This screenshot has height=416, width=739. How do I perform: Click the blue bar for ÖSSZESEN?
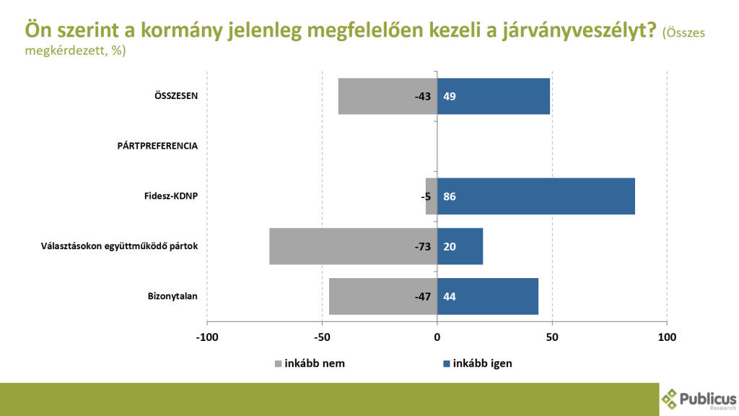(494, 96)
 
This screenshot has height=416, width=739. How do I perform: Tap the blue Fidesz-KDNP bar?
(536, 196)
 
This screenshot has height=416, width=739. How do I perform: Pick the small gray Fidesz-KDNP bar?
(431, 196)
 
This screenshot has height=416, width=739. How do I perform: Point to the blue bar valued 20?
(460, 246)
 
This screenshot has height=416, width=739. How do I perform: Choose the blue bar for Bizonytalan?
(488, 296)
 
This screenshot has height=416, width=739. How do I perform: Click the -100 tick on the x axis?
(207, 337)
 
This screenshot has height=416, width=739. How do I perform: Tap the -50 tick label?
(322, 337)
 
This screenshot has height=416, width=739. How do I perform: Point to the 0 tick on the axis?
(437, 337)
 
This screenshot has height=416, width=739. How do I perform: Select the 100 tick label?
(667, 337)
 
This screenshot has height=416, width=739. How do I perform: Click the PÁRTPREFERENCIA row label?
(157, 146)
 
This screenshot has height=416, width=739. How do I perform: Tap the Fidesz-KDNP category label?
(171, 196)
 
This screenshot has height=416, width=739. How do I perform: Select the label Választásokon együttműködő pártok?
(118, 246)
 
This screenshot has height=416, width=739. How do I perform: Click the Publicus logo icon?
(671, 398)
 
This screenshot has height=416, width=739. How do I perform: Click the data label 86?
(450, 196)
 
